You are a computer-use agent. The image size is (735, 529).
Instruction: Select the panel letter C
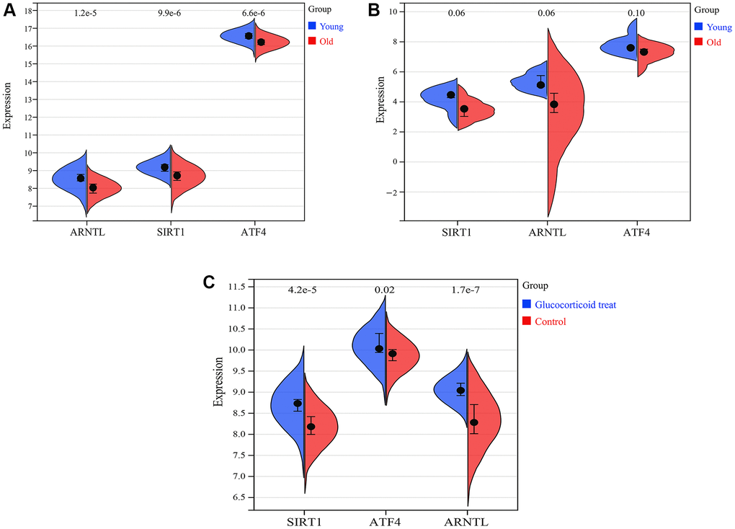tap(210, 282)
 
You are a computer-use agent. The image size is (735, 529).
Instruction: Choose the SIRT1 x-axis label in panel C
tap(304, 519)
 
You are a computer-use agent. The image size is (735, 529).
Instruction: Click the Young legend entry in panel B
tap(713, 27)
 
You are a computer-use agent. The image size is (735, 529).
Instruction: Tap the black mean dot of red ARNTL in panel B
tap(553, 105)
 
